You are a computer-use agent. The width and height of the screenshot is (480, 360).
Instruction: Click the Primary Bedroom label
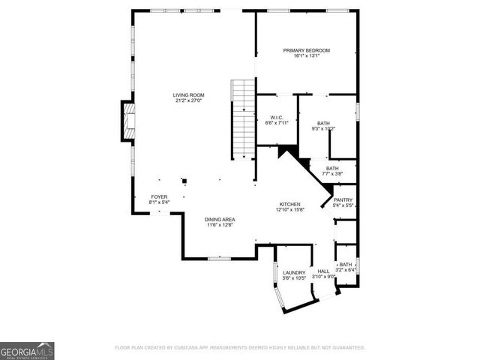pos(306,50)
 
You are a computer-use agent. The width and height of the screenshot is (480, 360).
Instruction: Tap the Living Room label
pos(188,95)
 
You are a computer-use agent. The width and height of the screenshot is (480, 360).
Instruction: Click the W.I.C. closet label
pos(275,118)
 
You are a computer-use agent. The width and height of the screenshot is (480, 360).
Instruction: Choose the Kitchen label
pos(290,204)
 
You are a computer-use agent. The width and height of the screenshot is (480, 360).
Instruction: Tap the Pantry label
pos(343,200)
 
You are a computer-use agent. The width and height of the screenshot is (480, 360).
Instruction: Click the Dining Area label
pos(220,219)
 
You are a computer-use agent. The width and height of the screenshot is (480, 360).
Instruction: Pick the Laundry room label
pos(293,272)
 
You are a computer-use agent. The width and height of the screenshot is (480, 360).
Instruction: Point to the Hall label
pos(323,271)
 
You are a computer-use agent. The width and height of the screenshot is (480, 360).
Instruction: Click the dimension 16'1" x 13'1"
pos(306,56)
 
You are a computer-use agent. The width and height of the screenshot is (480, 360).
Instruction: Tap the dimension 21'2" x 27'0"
pos(188,101)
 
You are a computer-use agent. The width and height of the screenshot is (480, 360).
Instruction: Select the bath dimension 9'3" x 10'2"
pos(323,129)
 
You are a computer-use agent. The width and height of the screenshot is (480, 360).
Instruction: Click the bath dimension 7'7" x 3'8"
pos(332,174)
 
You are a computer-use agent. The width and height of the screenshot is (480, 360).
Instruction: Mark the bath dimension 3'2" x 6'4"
pos(345,271)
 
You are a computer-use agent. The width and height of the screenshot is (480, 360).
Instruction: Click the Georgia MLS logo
pos(27,350)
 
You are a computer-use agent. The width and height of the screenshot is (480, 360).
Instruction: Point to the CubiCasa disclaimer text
pos(239,348)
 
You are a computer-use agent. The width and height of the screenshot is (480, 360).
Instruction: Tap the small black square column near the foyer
pos(184,180)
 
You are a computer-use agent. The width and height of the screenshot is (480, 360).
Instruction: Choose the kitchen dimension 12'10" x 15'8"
pos(290,210)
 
